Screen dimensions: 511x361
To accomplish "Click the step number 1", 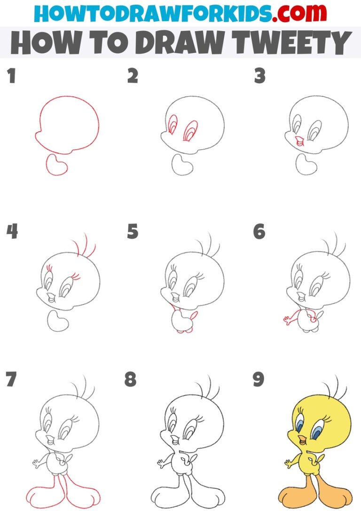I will point(11,76).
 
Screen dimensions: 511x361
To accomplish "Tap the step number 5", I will point(133,231).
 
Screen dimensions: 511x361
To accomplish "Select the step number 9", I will point(259,379).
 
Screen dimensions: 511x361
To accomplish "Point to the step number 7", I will point(11,379).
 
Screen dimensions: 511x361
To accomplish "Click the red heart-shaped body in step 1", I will point(56,165).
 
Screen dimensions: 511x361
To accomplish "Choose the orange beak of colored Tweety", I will point(298,440).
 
